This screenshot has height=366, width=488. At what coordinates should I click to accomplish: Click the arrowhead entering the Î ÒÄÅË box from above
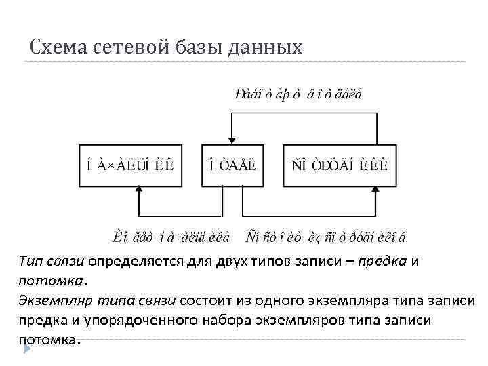point(232,140)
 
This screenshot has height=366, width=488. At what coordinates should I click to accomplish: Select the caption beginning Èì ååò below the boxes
point(171,236)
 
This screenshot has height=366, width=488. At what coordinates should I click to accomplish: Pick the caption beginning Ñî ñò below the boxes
point(325,236)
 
